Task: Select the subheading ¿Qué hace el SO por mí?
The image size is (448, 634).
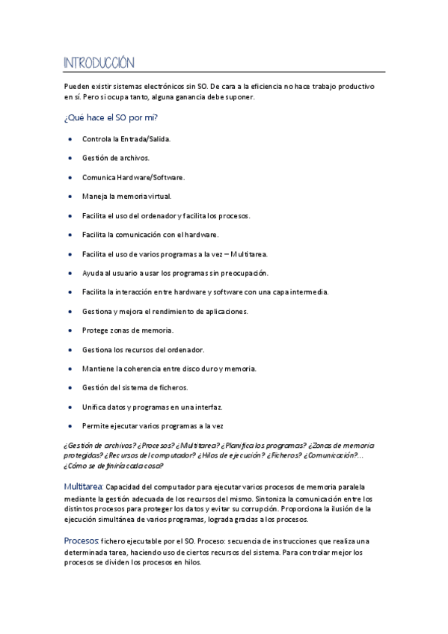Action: pyautogui.click(x=111, y=117)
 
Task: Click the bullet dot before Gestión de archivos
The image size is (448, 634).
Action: pyautogui.click(x=70, y=158)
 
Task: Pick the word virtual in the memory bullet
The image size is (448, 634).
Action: pyautogui.click(x=159, y=197)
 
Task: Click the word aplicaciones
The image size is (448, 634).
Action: pyautogui.click(x=242, y=311)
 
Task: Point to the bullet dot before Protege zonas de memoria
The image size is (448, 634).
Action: pyautogui.click(x=70, y=330)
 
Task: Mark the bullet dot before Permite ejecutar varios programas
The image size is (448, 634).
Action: pyautogui.click(x=70, y=426)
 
